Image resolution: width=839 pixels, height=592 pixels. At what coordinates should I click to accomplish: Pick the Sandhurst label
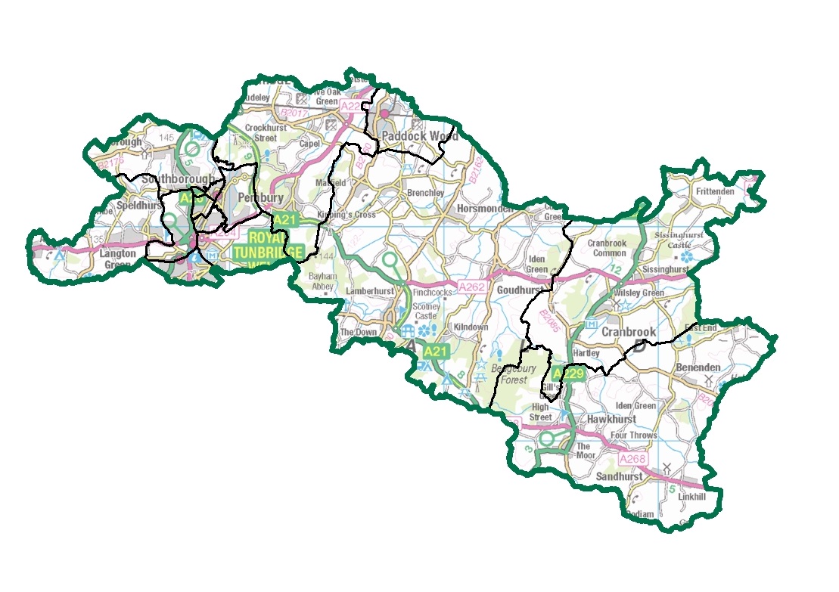[619, 477]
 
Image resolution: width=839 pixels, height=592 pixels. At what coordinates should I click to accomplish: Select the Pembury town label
[260, 197]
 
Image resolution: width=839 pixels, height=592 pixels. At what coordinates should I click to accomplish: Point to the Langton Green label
[117, 259]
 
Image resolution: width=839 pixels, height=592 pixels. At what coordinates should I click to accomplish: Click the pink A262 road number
[471, 287]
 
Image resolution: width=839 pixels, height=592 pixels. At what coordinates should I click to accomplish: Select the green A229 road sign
[567, 373]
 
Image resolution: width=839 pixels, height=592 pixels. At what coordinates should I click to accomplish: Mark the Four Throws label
[633, 435]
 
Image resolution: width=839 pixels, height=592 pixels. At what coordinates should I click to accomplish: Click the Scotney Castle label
[425, 311]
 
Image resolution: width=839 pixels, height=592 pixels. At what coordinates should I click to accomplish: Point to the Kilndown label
[471, 327]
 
